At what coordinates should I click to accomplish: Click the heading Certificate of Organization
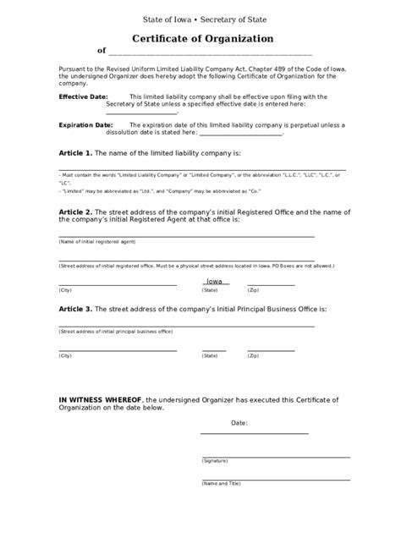[202, 39]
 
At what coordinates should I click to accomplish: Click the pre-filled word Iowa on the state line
[215, 282]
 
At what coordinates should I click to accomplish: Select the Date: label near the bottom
[239, 421]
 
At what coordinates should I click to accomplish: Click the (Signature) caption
[215, 461]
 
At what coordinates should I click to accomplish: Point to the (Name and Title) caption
[222, 484]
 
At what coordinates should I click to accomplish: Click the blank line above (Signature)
[275, 456]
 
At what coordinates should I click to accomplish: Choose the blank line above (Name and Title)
[275, 479]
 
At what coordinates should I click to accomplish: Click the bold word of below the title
[102, 51]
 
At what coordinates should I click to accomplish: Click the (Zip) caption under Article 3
[252, 356]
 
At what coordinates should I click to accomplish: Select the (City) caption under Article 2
[65, 290]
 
